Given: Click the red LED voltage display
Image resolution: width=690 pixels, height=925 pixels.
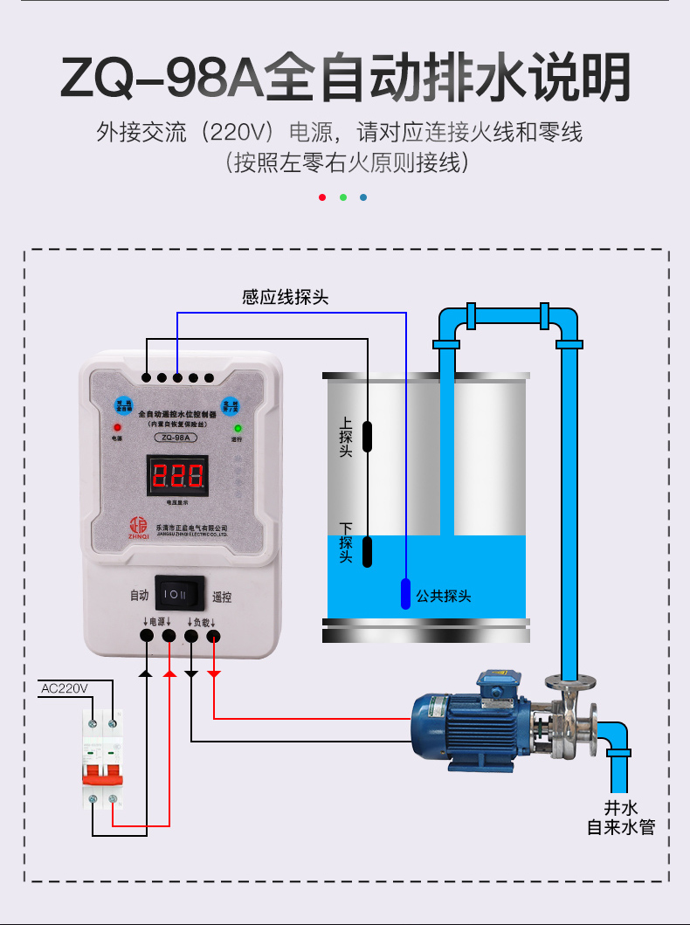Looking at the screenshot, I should click(x=178, y=476).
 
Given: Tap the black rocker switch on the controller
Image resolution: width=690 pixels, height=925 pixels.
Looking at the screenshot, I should click(x=179, y=593).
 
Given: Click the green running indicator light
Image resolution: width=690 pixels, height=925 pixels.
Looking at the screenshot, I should click(x=237, y=429).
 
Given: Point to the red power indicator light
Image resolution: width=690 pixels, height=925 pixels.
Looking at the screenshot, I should click(x=116, y=427).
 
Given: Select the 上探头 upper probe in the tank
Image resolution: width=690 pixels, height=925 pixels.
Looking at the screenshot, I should click(x=368, y=435).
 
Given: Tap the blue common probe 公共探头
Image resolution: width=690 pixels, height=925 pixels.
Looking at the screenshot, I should click(x=406, y=595).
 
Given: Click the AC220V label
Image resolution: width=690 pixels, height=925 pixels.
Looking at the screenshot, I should click(x=65, y=688).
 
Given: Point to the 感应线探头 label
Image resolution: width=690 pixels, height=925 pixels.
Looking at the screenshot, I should click(x=285, y=297).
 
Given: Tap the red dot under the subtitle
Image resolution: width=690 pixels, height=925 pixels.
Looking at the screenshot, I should click(x=322, y=197).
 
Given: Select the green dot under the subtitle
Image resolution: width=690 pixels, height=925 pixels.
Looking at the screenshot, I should click(x=343, y=197).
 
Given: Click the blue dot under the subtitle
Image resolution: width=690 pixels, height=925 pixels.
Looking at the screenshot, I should click(x=363, y=197).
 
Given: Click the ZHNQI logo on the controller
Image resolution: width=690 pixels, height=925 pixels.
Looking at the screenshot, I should click(x=137, y=526).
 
